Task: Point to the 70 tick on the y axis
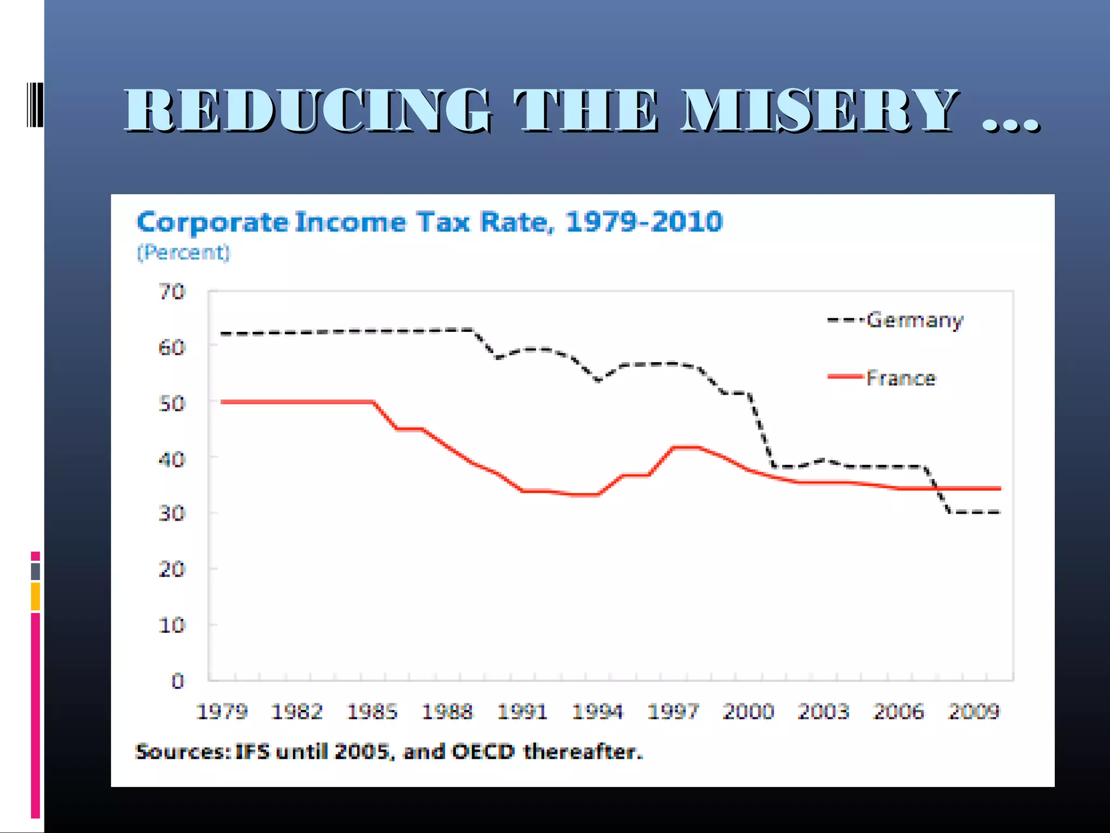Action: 172,292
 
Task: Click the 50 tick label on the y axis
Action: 172,403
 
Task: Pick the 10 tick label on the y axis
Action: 172,625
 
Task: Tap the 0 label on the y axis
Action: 177,681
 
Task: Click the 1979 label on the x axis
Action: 222,712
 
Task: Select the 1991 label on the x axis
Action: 522,712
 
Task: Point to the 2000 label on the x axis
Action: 748,712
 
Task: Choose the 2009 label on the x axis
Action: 973,712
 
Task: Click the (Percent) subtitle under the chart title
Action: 183,253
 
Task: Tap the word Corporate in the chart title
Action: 212,222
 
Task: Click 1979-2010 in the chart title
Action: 643,222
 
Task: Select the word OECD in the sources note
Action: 482,752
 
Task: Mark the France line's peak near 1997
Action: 686,447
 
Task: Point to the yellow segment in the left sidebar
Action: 35,596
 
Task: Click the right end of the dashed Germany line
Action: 998,512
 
